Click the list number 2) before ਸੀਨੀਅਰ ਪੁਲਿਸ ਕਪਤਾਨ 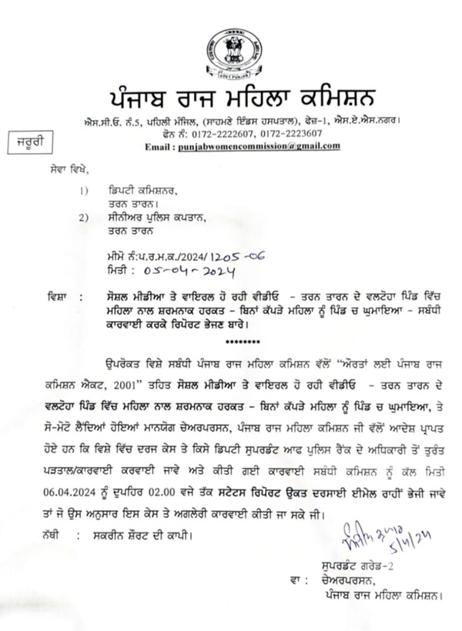pyautogui.click(x=84, y=218)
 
